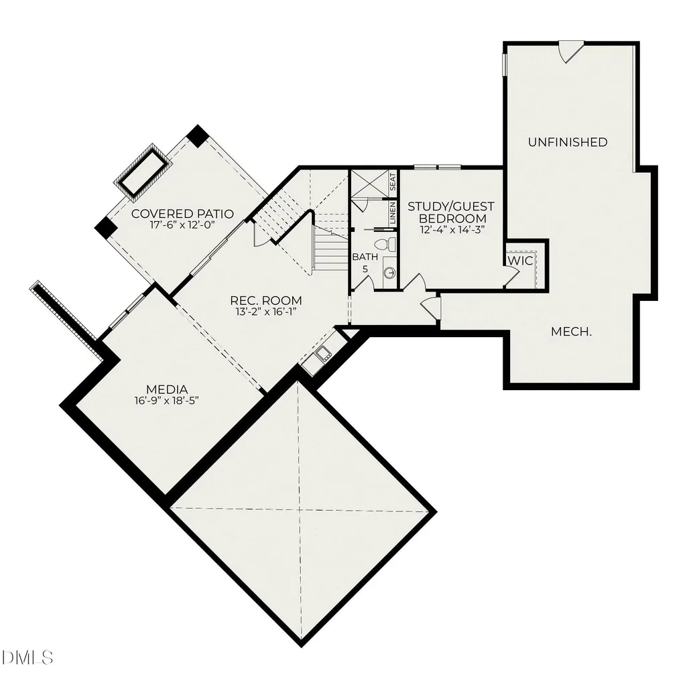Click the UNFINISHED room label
point(568,142)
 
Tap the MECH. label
point(571,332)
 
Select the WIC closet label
point(520,260)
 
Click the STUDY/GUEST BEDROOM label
point(451,212)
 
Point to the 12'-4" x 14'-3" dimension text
point(451,229)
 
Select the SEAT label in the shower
point(393,182)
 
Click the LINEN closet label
point(393,213)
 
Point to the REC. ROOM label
point(266,300)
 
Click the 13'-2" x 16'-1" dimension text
point(266,312)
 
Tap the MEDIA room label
point(167,389)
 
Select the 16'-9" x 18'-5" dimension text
point(167,400)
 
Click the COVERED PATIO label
point(182,214)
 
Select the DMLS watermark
point(27,657)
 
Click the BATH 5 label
point(365,262)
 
